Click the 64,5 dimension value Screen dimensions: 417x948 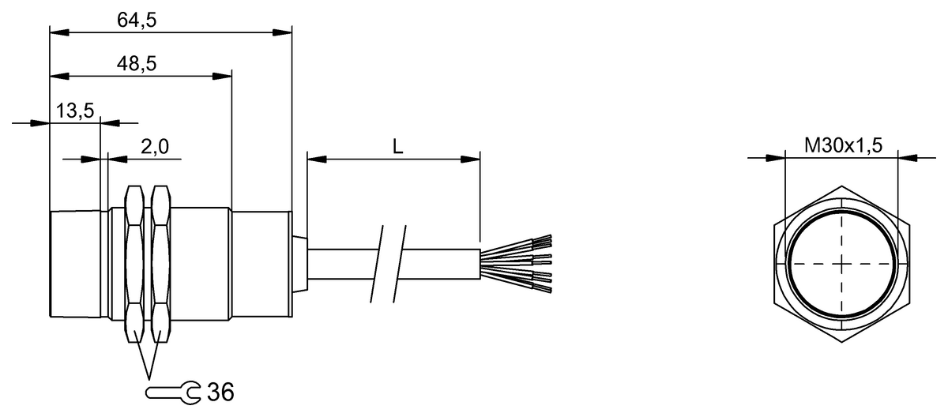tap(137, 21)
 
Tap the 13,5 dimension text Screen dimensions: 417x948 tap(75, 111)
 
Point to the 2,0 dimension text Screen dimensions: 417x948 tap(156, 147)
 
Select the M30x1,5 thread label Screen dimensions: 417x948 tap(842, 145)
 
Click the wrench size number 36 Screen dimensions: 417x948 tap(220, 391)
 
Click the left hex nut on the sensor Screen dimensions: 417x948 tap(135, 264)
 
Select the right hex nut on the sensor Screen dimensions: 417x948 tap(160, 264)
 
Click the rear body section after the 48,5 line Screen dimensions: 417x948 tap(261, 264)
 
